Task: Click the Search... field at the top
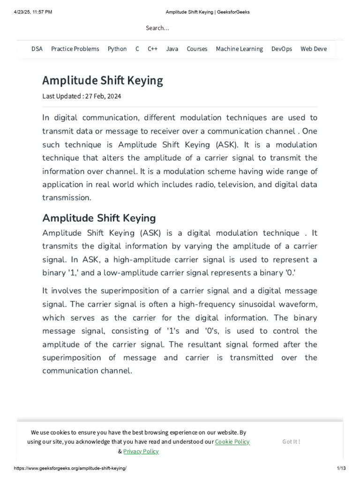tap(157, 28)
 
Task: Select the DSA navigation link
tap(37, 49)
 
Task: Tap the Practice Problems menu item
tap(75, 49)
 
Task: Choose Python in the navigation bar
tap(117, 49)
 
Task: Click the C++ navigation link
tap(152, 49)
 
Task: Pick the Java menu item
tap(172, 49)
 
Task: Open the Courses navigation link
tap(197, 49)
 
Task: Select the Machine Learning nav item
tap(239, 49)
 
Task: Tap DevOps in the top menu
tap(282, 49)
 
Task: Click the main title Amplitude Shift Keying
tap(103, 81)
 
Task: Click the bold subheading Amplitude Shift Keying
tap(99, 218)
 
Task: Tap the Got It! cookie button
tap(291, 442)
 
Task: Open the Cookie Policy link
tap(232, 442)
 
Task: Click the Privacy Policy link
tap(141, 451)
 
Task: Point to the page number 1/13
tap(341, 469)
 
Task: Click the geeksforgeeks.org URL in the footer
tap(70, 469)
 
